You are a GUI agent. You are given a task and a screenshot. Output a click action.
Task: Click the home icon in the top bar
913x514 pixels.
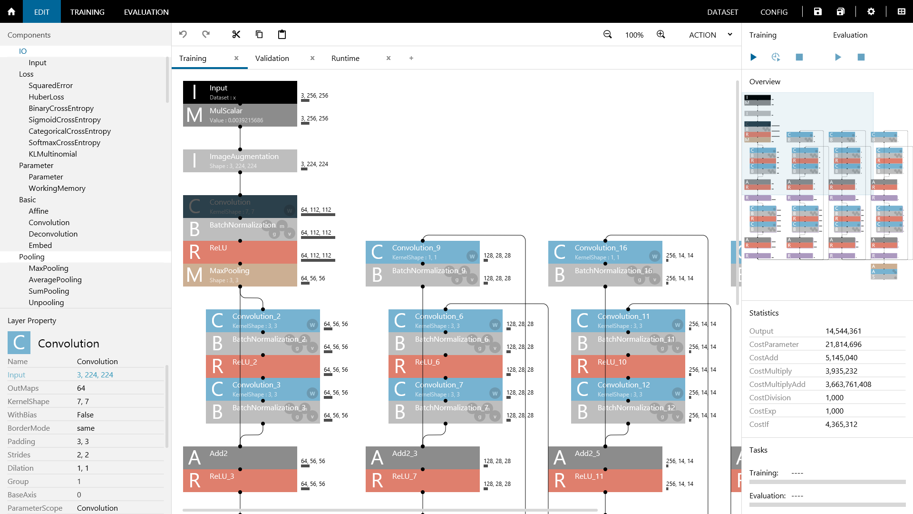(x=11, y=11)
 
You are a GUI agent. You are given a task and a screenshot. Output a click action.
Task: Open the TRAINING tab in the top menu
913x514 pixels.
(x=87, y=12)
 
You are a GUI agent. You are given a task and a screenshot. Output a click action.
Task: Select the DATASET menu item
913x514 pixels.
(x=722, y=12)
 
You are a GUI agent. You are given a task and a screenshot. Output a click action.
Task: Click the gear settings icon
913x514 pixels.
(x=871, y=11)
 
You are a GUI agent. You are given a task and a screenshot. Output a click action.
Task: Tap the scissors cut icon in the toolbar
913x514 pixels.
(x=236, y=34)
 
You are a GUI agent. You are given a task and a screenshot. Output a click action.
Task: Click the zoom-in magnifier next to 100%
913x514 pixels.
(x=660, y=34)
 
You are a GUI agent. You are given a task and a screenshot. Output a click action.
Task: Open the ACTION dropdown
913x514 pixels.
(x=710, y=35)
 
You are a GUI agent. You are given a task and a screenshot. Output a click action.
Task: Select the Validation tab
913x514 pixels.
(x=272, y=58)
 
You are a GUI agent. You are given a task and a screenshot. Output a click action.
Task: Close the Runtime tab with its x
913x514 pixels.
(x=389, y=58)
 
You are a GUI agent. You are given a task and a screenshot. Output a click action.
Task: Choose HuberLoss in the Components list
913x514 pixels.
(x=46, y=97)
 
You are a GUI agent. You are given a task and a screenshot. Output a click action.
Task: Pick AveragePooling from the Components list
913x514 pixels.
(x=55, y=279)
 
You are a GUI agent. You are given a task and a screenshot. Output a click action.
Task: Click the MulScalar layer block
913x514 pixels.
(x=240, y=115)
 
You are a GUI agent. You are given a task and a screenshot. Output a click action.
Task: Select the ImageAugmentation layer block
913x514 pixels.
(x=240, y=161)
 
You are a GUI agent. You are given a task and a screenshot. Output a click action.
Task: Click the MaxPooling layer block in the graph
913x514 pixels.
(x=240, y=275)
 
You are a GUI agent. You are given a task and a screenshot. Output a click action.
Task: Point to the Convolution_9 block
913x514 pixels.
(x=422, y=252)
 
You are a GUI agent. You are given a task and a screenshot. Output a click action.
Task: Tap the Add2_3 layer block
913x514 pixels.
(x=422, y=458)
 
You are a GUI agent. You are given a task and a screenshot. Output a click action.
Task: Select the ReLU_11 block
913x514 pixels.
(x=605, y=481)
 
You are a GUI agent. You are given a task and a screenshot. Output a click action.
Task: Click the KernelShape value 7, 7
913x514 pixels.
(x=83, y=401)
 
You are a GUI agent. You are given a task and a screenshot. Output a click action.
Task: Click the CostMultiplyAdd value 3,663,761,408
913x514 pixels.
(x=848, y=384)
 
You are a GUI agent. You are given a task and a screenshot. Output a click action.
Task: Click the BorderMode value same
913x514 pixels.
(x=86, y=428)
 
